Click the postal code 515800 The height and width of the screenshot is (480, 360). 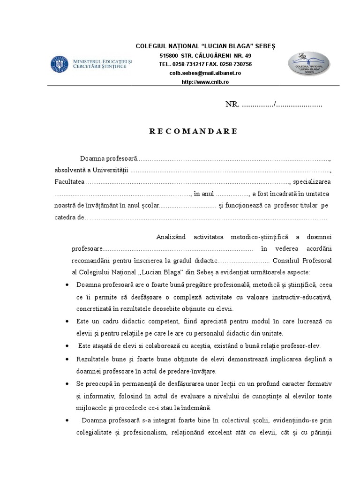pyautogui.click(x=169, y=56)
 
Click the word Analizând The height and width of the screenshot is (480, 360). pyautogui.click(x=172, y=237)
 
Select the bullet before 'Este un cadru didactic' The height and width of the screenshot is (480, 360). pyautogui.click(x=69, y=321)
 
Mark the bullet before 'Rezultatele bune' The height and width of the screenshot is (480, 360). pyautogui.click(x=69, y=359)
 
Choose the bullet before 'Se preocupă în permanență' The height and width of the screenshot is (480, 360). pyautogui.click(x=69, y=383)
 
